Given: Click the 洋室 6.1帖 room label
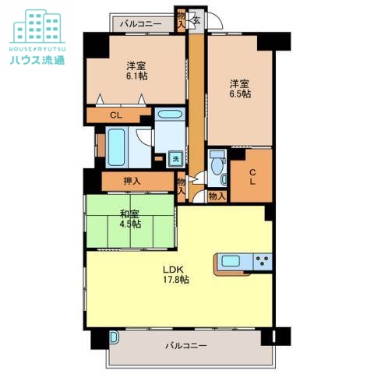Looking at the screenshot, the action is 137,71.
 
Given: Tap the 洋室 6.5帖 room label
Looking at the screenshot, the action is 240,89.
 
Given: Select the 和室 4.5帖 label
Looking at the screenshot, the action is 130,219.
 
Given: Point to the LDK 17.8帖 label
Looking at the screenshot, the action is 176,274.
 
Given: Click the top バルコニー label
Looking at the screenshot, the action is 140,24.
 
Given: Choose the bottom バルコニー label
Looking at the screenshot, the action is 186,346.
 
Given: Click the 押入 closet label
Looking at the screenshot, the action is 132,181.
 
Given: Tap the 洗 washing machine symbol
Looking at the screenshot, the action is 176,159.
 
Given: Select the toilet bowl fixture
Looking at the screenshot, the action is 216,164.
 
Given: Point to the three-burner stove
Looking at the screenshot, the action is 263,261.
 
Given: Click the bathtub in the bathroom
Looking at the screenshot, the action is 116,147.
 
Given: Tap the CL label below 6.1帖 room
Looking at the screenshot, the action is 116,115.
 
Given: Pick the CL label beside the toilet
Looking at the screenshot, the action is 252,177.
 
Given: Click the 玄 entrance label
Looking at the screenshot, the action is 196,20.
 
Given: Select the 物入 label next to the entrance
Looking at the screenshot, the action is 182,20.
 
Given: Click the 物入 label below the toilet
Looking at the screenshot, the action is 217,196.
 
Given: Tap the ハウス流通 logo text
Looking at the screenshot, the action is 37,60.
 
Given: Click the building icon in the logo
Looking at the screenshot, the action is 37,26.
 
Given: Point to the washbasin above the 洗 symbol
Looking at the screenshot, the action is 170,115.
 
